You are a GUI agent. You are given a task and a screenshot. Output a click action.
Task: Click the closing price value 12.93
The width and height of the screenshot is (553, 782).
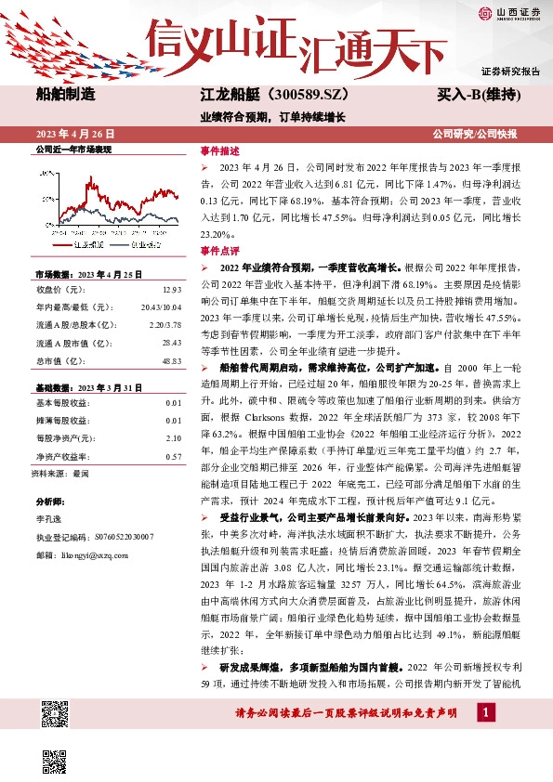pyautogui.click(x=171, y=290)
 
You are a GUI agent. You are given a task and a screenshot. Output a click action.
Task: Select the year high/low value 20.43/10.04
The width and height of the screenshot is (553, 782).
pyautogui.click(x=162, y=306)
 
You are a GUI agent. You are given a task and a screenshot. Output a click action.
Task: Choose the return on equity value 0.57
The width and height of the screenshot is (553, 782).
pyautogui.click(x=173, y=456)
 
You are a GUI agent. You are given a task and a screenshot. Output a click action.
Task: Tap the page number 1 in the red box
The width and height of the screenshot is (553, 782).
pyautogui.click(x=485, y=712)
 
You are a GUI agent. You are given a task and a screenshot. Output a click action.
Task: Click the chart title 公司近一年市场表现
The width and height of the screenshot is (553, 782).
pyautogui.click(x=72, y=149)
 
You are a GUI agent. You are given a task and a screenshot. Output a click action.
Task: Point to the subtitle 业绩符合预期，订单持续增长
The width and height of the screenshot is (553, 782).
pyautogui.click(x=272, y=117)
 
